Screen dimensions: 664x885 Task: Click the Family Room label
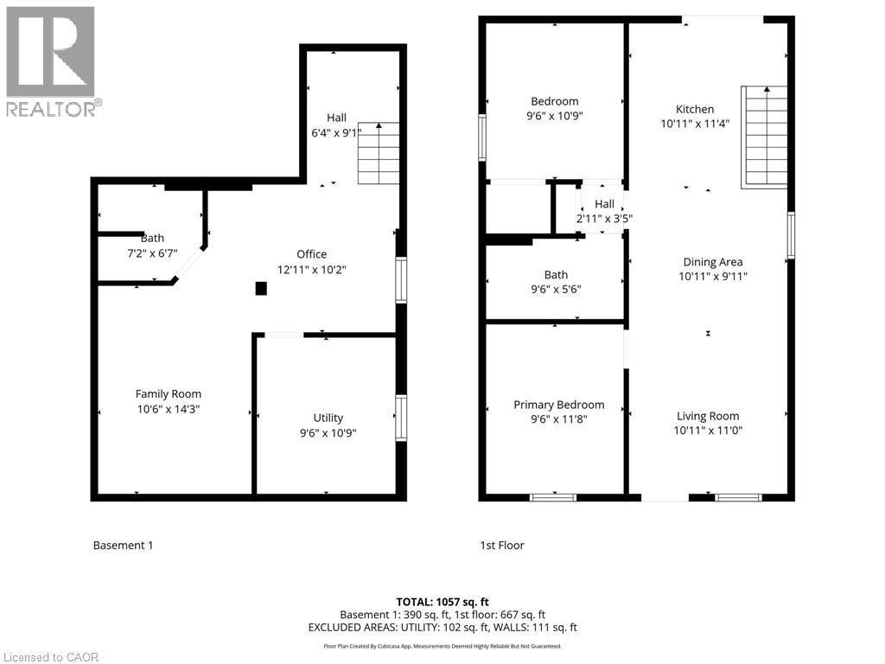click(169, 393)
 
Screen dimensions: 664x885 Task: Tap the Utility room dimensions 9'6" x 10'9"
click(328, 432)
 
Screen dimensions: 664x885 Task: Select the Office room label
click(312, 254)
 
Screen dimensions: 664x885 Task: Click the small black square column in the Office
click(261, 289)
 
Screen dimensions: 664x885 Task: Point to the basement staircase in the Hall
click(379, 154)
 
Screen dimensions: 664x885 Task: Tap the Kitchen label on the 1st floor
click(695, 109)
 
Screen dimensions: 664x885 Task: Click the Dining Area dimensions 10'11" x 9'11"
click(713, 277)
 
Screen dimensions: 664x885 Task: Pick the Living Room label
click(708, 416)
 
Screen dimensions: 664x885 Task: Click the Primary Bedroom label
click(559, 405)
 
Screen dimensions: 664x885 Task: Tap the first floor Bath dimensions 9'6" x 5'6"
click(556, 290)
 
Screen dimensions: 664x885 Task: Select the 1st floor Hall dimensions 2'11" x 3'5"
click(604, 219)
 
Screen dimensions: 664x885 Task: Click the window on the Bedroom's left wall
click(483, 137)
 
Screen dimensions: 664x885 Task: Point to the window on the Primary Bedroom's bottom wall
click(553, 497)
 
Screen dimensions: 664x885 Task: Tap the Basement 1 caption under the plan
click(123, 546)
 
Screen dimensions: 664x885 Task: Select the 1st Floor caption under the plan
click(502, 546)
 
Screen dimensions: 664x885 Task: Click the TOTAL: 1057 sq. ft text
click(442, 602)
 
